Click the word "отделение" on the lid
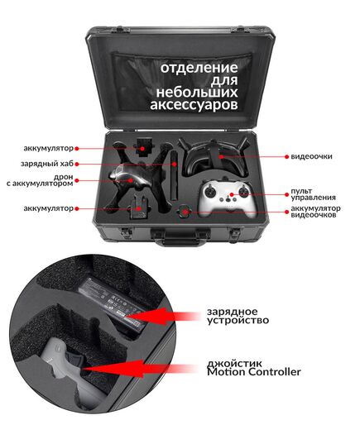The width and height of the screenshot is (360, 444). tap(199, 67)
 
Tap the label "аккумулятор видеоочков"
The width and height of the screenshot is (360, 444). tap(315, 212)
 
